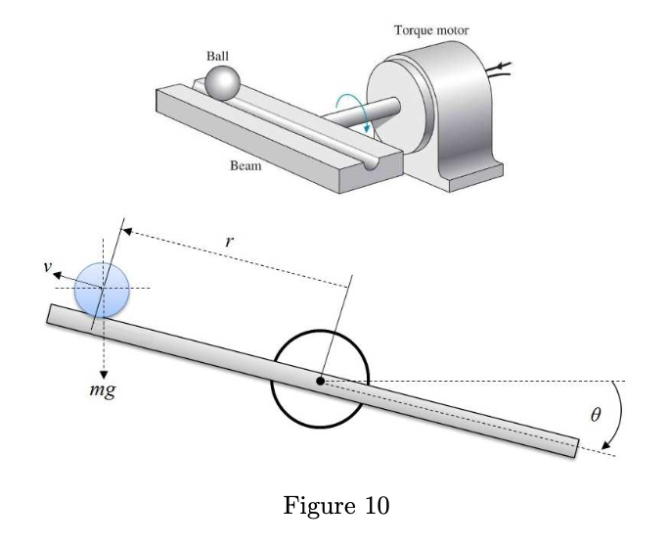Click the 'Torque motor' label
430,29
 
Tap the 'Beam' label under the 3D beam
245,165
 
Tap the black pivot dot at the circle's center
320,381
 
